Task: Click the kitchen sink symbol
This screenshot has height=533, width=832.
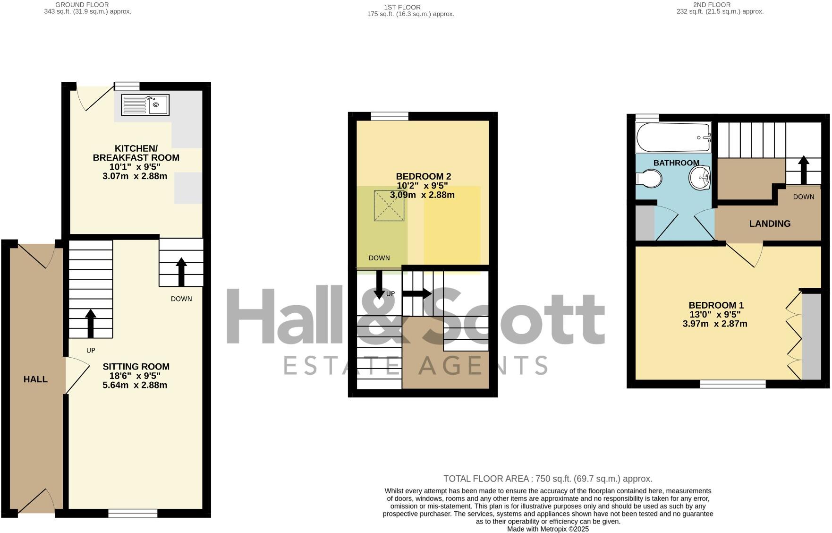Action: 145,105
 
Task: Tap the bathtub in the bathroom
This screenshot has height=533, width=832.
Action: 673,137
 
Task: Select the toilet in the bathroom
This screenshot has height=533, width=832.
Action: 649,179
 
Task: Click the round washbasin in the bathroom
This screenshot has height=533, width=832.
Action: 700,178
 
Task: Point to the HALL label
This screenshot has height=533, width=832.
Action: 35,379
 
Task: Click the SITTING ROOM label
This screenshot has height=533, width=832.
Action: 136,366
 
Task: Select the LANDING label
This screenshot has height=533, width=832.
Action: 770,224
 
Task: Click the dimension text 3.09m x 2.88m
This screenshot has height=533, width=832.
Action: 422,195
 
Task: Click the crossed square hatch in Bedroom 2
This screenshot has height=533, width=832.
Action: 390,206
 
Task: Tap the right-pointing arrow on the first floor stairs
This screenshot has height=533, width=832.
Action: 416,293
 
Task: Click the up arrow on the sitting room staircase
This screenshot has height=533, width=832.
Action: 91,323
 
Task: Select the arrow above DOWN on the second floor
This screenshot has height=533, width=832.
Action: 803,170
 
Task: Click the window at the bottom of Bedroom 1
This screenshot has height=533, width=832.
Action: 732,385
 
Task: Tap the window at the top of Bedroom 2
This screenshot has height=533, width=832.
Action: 390,116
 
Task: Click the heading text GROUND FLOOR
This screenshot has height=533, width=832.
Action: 82,5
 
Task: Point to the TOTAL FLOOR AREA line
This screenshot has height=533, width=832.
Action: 548,479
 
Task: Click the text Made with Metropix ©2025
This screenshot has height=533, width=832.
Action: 548,529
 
